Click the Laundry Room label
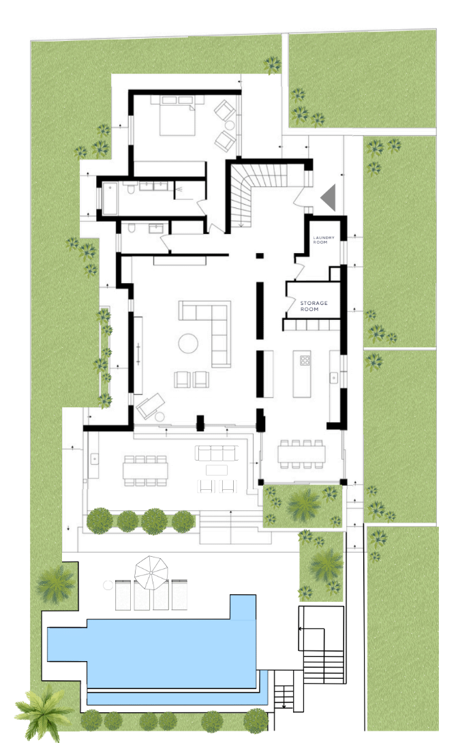click(323, 239)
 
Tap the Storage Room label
click(314, 306)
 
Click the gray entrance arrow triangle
click(329, 197)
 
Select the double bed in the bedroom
click(177, 115)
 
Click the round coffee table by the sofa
click(188, 343)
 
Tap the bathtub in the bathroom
click(110, 198)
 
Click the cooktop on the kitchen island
click(305, 360)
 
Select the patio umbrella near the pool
click(151, 572)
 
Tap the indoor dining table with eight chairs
click(302, 454)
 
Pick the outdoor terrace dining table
click(145, 471)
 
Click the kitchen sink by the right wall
click(334, 378)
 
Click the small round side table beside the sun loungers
click(108, 585)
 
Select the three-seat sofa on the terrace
click(216, 453)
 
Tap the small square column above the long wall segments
click(260, 256)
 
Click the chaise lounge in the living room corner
click(151, 406)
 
